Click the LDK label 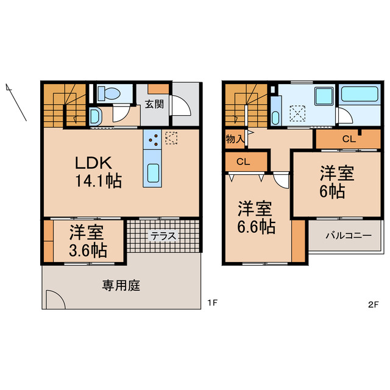pos(93,163)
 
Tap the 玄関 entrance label pos(154,104)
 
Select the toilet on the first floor pos(110,93)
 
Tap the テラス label pos(163,237)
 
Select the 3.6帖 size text pos(87,250)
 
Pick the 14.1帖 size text pos(97,181)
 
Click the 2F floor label pos(373,303)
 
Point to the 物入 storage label pos(235,138)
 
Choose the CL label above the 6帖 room pos(347,139)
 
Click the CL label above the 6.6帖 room pos(243,161)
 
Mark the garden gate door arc pos(54,300)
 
